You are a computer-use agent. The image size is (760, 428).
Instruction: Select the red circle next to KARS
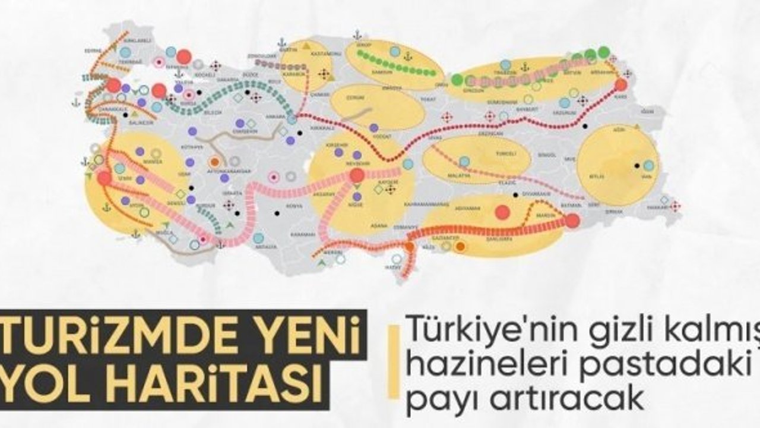(620, 84)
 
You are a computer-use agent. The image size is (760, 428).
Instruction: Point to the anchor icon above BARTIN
(282, 42)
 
